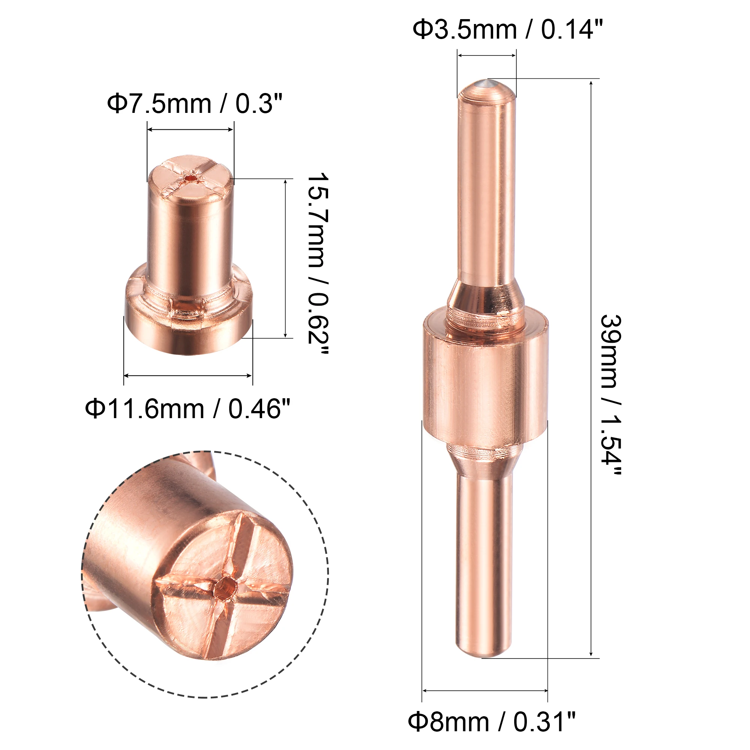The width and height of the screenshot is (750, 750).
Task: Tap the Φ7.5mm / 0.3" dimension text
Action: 195,103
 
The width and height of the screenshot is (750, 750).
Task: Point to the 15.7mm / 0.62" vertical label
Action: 318,264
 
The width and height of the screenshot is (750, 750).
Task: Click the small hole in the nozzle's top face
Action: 190,178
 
